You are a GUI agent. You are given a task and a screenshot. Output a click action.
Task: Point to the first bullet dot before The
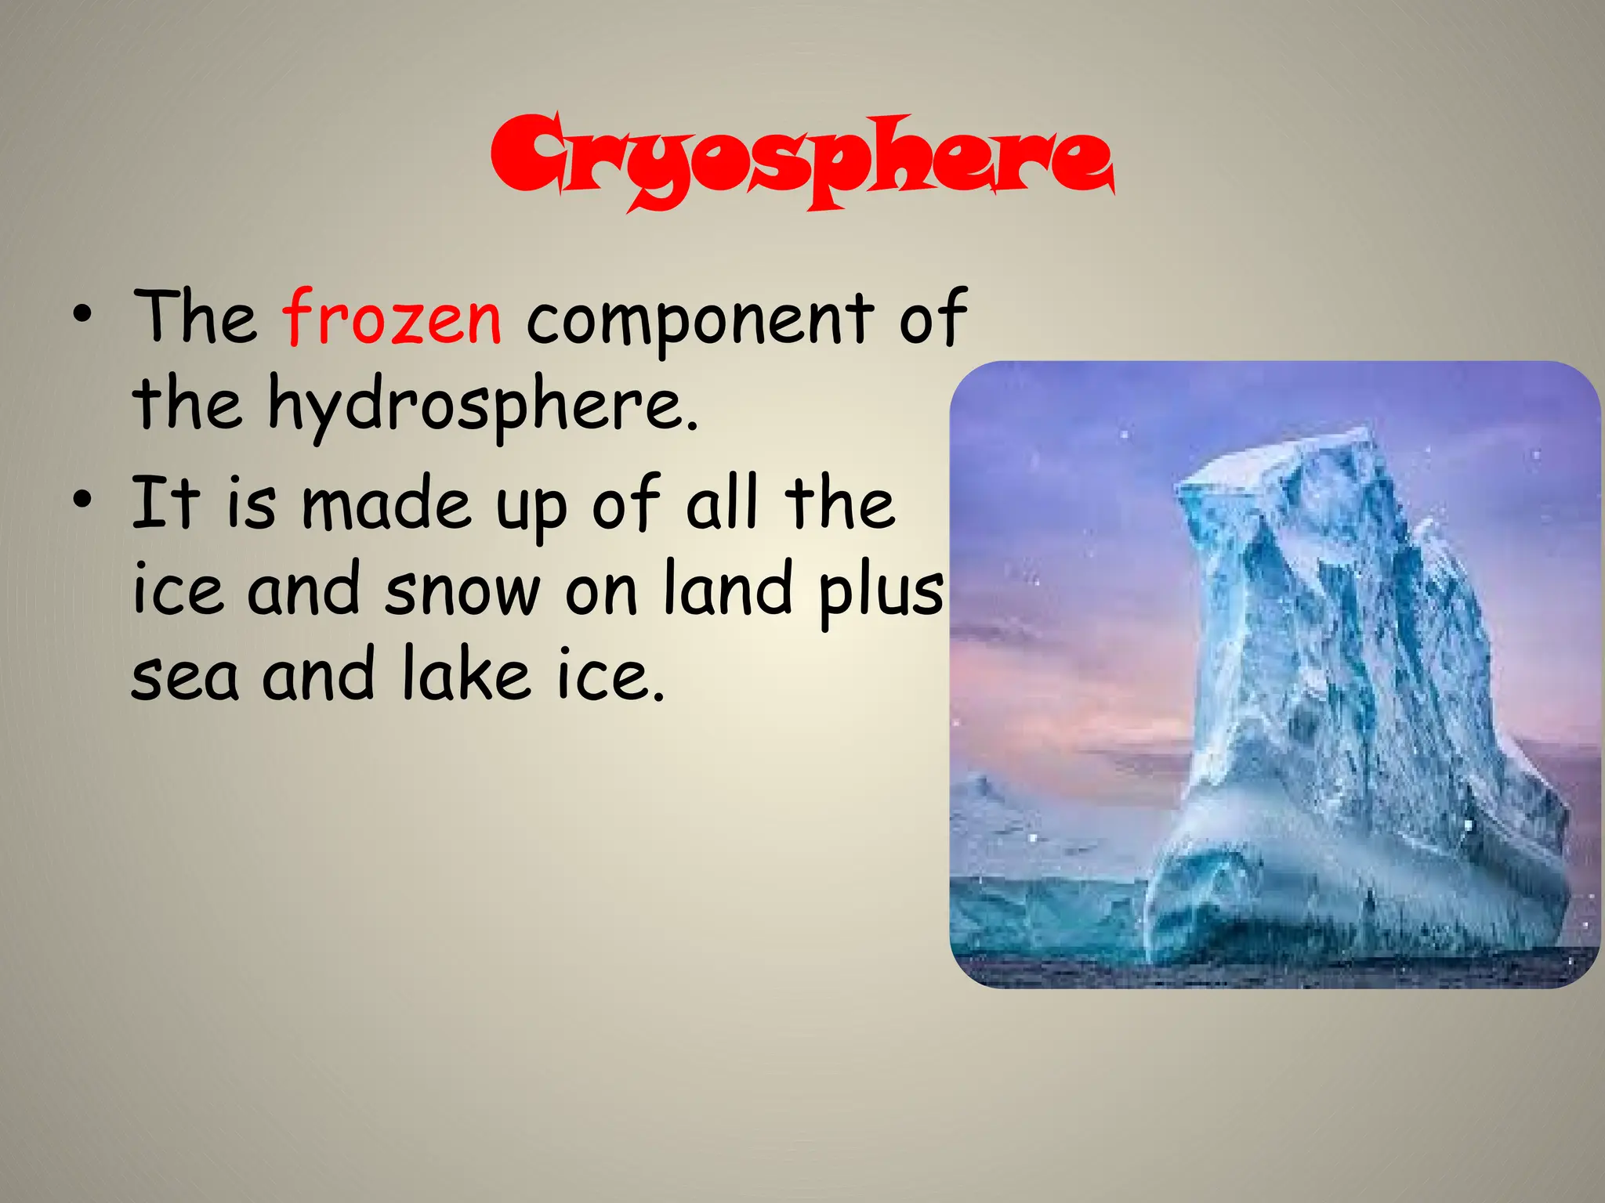tap(80, 317)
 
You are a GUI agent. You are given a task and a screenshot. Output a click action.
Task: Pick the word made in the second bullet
tap(386, 504)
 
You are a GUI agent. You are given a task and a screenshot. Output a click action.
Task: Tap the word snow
tap(462, 591)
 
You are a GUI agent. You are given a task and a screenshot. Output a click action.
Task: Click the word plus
tap(881, 593)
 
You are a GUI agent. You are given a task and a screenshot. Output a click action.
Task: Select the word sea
tap(185, 677)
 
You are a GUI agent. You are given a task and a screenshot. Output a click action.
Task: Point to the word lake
tap(466, 674)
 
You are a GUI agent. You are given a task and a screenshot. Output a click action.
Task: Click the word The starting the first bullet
tap(195, 317)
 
